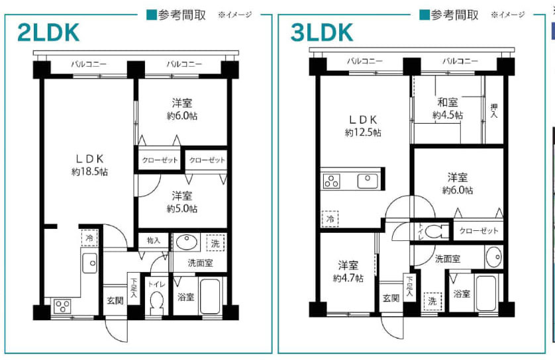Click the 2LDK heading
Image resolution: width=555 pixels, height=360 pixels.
49,32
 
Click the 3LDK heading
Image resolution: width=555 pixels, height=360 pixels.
323,32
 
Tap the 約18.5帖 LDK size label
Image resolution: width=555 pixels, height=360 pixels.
90,171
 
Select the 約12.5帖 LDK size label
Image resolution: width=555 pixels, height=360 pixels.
362,132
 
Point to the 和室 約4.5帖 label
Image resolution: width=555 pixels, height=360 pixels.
448,109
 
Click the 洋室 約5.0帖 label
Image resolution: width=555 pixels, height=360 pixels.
182,202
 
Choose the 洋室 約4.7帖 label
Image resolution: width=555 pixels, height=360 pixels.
348,271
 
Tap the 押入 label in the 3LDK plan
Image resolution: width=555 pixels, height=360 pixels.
493,110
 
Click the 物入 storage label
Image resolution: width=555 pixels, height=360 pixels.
154,241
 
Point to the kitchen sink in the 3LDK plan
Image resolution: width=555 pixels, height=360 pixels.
367,180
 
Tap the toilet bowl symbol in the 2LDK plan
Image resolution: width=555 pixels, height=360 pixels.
157,303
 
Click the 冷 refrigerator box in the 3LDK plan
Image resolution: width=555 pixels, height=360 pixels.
329,218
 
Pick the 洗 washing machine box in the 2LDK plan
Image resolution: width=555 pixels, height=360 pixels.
215,242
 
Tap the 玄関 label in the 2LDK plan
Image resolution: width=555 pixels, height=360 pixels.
115,300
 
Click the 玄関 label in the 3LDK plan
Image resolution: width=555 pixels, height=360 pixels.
390,298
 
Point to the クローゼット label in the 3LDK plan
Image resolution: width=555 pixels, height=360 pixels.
476,230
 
